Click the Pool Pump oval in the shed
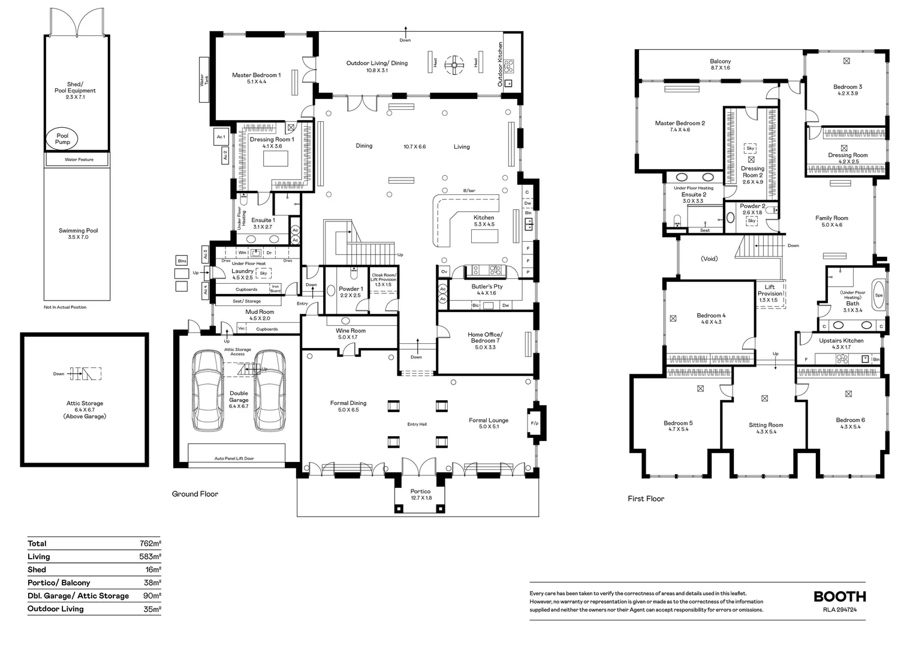click(62, 139)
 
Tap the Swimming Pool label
click(78, 233)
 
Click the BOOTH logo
click(839, 596)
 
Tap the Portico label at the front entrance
click(421, 494)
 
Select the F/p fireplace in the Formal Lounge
click(534, 424)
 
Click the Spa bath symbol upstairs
click(879, 295)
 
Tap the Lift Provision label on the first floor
click(770, 293)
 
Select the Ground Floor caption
click(195, 494)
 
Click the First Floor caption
click(646, 499)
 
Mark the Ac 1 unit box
click(221, 137)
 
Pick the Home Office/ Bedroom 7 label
click(485, 340)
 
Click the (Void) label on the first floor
click(709, 259)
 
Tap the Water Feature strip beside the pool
click(79, 160)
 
